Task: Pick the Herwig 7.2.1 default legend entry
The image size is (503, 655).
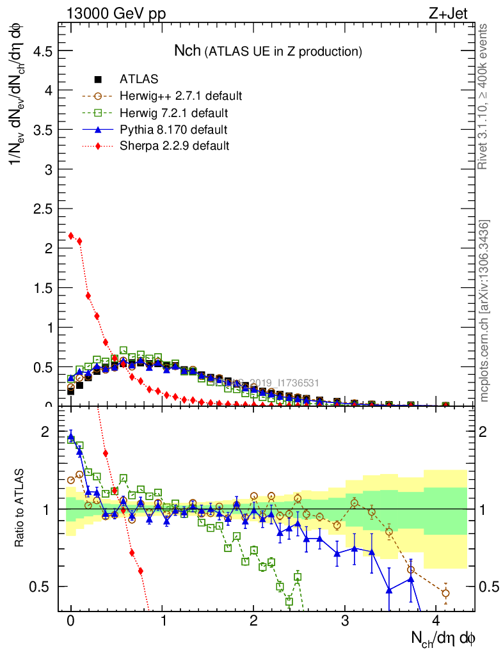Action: [x=174, y=113]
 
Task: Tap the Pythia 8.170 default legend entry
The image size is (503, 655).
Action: [x=173, y=130]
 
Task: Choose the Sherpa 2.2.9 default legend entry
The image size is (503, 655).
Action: [x=174, y=146]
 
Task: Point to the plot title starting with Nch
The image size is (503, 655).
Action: [x=268, y=51]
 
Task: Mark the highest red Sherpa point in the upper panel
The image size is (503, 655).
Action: [x=71, y=235]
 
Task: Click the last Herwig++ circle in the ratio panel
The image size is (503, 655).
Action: [x=445, y=593]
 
